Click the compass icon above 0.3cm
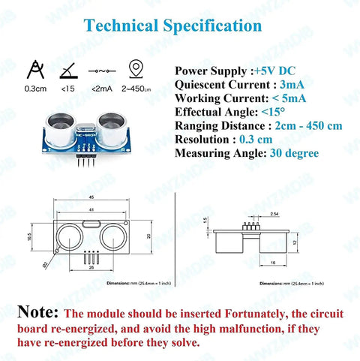click(x=33, y=70)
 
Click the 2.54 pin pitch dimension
click(x=253, y=214)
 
